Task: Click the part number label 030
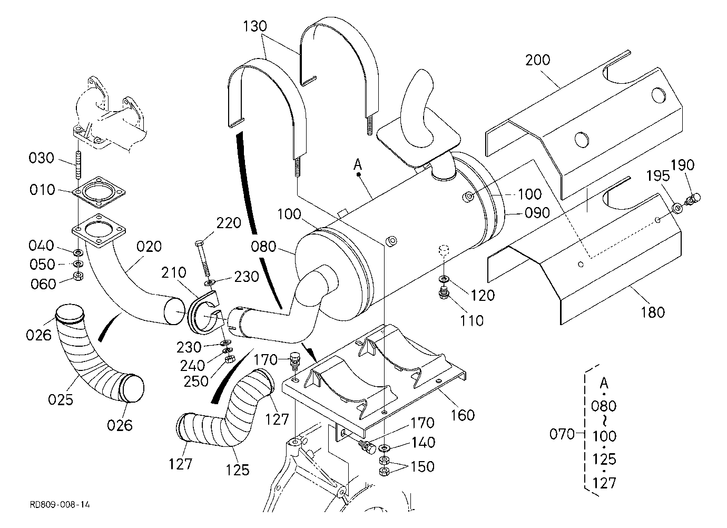click(41, 158)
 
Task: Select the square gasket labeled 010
click(99, 192)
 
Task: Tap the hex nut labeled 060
click(78, 277)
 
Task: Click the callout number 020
click(149, 247)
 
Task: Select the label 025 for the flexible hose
click(61, 399)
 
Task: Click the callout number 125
click(238, 470)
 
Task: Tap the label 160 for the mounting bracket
click(463, 415)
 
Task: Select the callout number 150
click(423, 467)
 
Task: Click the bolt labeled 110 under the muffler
click(443, 293)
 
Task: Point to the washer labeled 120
click(443, 279)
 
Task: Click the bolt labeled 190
click(692, 199)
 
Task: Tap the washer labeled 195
click(677, 208)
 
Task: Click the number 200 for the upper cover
click(538, 60)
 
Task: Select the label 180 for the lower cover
click(653, 312)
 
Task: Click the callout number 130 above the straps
click(255, 26)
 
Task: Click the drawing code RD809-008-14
click(60, 505)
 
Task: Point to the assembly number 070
click(562, 434)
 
